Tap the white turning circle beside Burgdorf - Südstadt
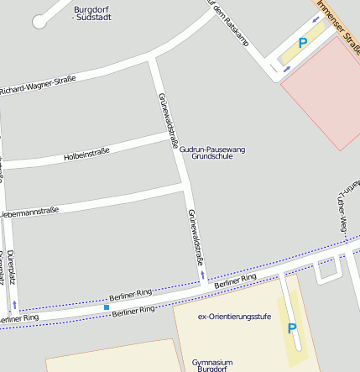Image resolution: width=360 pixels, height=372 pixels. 39,22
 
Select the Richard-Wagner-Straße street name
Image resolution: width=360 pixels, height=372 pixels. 38,85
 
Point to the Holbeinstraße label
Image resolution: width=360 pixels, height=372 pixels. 86,155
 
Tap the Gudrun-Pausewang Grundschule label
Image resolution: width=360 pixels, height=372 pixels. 212,152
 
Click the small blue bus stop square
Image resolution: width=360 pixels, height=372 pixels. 107,307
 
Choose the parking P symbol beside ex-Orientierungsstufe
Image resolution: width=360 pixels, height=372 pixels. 292,328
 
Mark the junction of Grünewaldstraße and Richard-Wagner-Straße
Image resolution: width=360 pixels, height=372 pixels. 151,58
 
